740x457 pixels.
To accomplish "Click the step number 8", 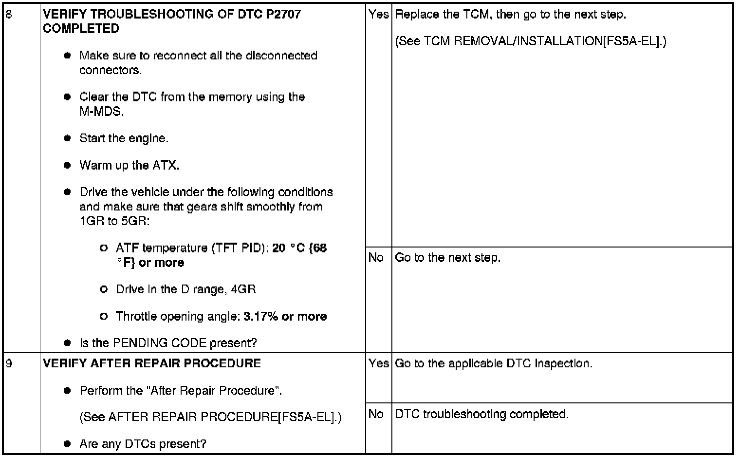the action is point(8,14).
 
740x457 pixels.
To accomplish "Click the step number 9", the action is point(8,363).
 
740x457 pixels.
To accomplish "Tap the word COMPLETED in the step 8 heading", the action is point(81,29).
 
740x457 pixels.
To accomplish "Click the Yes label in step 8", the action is point(378,15).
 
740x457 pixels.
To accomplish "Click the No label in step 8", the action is point(376,258).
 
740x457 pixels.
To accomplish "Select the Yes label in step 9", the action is point(378,363).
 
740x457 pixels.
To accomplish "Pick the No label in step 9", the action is point(376,414).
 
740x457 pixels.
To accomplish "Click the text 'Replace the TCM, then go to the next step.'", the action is point(511,15).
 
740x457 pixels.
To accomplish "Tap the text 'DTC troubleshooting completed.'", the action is point(481,414).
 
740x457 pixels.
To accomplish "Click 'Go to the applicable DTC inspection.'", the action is point(494,363).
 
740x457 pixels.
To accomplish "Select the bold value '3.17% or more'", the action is point(285,316).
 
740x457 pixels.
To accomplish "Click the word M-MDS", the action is point(101,112).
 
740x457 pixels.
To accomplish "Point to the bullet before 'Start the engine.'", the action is point(68,138).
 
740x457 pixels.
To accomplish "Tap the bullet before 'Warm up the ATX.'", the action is point(68,165).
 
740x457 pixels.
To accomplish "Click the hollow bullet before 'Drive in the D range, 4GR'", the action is point(103,289).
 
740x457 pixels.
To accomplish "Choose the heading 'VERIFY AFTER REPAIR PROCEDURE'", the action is point(152,363).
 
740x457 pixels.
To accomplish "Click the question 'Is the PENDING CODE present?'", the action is point(168,343).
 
